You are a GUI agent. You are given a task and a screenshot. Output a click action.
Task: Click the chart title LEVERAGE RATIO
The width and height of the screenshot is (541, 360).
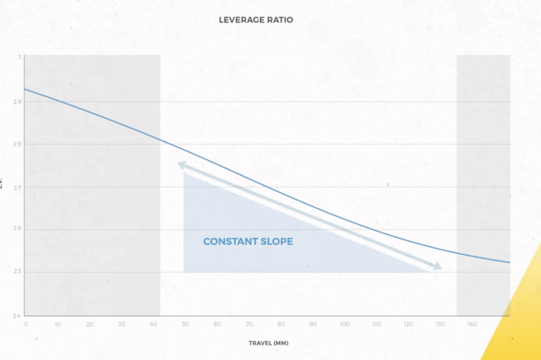(x=256, y=20)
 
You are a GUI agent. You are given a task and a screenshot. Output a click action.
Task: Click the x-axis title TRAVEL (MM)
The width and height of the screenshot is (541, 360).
(x=268, y=343)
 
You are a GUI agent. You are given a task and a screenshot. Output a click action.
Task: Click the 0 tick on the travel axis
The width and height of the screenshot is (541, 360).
(x=25, y=325)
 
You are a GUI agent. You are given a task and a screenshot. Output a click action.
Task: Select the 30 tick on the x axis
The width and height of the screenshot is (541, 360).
(x=122, y=325)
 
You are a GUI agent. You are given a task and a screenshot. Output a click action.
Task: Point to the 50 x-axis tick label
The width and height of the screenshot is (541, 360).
(x=185, y=325)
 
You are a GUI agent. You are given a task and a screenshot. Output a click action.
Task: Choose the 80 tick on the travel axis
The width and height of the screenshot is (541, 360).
(x=281, y=325)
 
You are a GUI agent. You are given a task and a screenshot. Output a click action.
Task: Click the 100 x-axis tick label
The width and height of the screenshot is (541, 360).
(x=344, y=325)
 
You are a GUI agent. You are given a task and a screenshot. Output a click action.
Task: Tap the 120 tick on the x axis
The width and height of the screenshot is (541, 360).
(x=408, y=325)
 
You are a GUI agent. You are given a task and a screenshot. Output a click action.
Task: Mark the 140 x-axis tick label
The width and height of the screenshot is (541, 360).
(x=472, y=325)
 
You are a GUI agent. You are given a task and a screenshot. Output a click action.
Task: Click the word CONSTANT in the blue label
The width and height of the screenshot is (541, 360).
(x=230, y=242)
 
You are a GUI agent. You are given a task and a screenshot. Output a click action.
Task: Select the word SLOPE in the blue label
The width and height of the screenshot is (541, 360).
(x=276, y=242)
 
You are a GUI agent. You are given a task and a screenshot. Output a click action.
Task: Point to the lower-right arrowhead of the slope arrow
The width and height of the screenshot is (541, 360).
(x=437, y=267)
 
